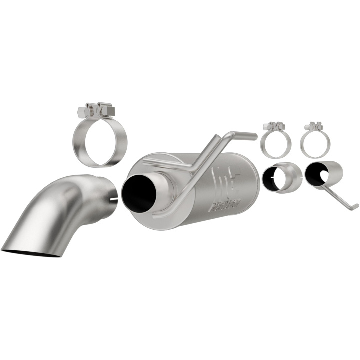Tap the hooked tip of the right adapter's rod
355,206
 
